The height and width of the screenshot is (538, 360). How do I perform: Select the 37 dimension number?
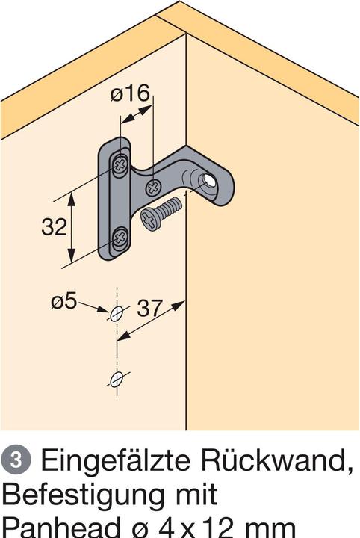pyautogui.click(x=151, y=308)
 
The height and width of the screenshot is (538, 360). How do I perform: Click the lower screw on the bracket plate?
pyautogui.click(x=120, y=239)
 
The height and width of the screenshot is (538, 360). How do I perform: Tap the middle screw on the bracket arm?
pyautogui.click(x=153, y=185)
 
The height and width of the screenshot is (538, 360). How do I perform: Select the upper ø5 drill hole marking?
pyautogui.click(x=116, y=313)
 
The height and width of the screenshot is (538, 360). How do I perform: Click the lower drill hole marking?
pyautogui.click(x=116, y=380)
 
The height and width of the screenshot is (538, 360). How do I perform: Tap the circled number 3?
pyautogui.click(x=15, y=460)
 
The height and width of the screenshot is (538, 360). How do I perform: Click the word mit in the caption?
pyautogui.click(x=195, y=494)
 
